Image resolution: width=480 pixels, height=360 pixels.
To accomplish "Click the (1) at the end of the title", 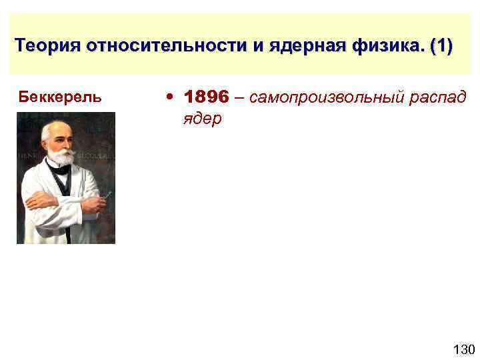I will coord(441,47).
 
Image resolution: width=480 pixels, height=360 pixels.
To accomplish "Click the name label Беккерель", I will coord(61,97).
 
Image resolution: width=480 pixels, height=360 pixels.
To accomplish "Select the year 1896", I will coord(207,97).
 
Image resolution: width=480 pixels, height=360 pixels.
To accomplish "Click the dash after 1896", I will coord(239,97).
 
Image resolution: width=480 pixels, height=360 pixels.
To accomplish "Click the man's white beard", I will coord(62,157).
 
